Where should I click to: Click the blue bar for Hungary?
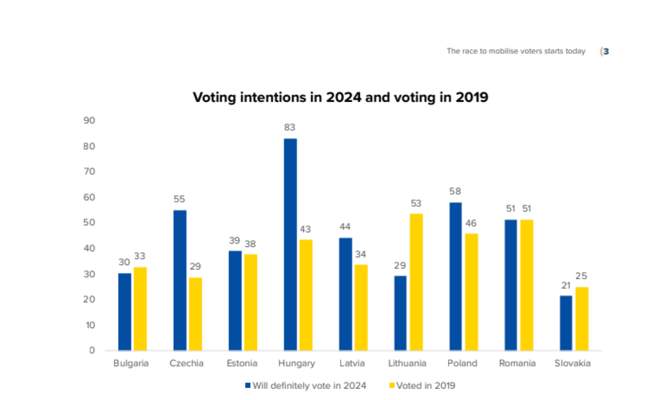(x=290, y=244)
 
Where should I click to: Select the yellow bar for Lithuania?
(x=415, y=282)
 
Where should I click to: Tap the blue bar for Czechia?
(x=179, y=280)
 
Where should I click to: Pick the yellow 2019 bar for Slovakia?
(x=582, y=319)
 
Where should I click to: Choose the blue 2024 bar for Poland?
(x=455, y=276)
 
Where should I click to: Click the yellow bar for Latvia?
(x=361, y=308)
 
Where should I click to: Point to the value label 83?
(x=290, y=128)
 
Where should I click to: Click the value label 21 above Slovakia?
(x=566, y=285)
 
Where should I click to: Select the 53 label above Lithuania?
(x=415, y=203)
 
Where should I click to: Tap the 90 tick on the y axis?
(x=89, y=121)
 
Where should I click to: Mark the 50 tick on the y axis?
(x=89, y=223)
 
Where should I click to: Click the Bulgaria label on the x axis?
(x=131, y=364)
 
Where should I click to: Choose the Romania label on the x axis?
(x=517, y=364)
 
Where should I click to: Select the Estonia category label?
(x=242, y=364)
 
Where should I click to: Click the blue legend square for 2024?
(x=248, y=385)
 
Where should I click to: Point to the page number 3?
(x=606, y=51)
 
